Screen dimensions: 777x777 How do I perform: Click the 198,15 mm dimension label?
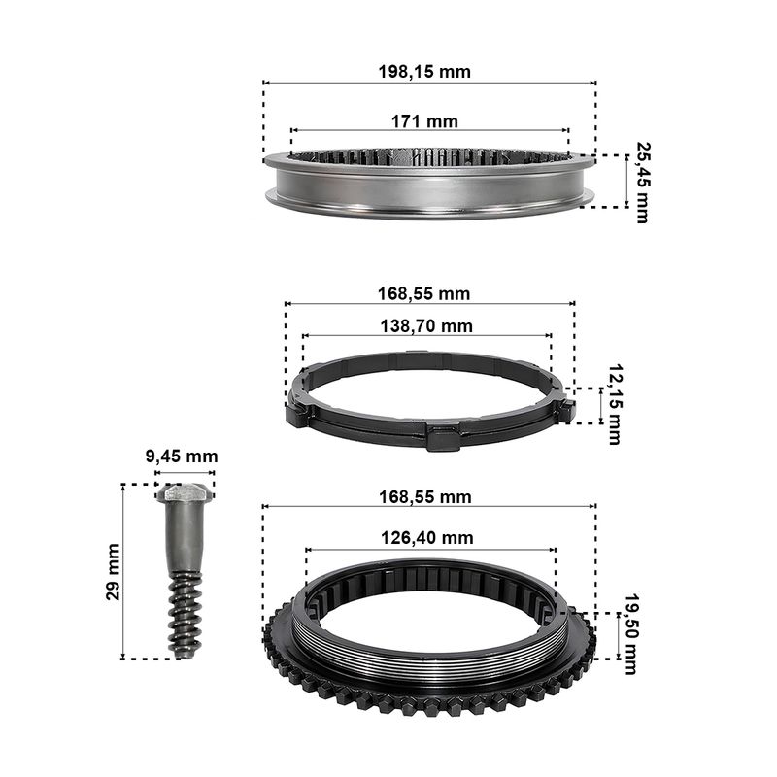point(424,72)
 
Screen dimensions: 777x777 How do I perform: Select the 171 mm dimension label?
point(424,121)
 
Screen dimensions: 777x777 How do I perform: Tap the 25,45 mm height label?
point(643,183)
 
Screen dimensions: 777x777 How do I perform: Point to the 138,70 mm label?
point(426,326)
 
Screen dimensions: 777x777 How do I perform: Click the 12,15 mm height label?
point(615,404)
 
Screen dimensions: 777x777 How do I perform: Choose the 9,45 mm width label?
point(182,456)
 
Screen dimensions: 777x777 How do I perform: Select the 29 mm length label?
point(113,572)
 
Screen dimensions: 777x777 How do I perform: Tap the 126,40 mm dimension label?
point(426,538)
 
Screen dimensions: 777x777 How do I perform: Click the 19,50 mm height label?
point(630,634)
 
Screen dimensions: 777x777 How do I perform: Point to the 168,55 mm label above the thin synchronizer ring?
point(423,294)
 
